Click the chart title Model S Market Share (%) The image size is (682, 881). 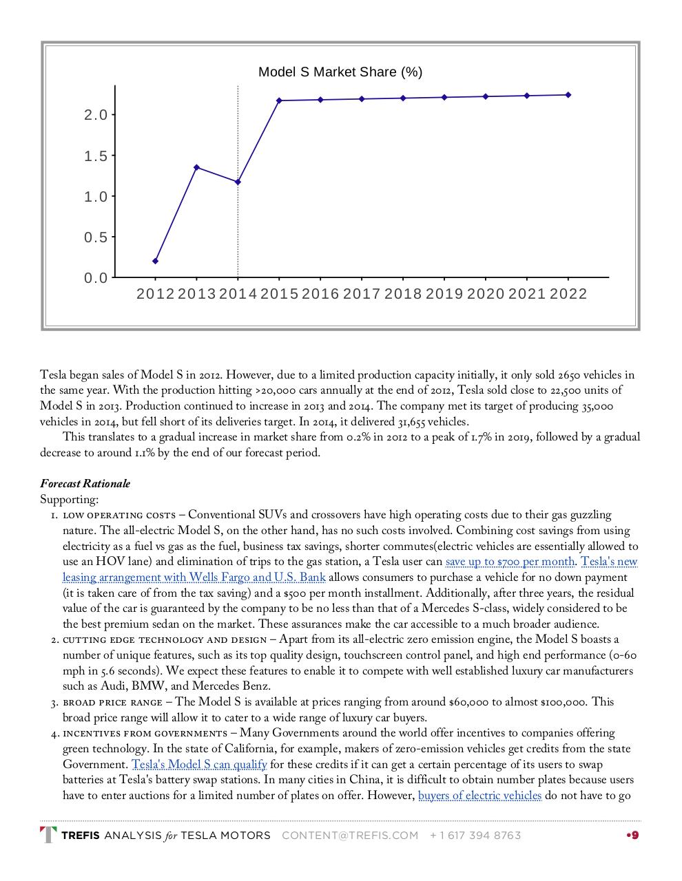click(340, 72)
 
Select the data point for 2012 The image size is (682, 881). click(156, 261)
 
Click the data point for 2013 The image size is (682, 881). click(197, 167)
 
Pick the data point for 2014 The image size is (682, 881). click(238, 182)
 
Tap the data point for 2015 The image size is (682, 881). click(279, 100)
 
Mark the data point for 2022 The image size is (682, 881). click(568, 95)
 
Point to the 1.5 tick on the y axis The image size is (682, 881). click(96, 156)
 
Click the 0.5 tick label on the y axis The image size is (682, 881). click(96, 237)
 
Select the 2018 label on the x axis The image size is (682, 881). click(403, 295)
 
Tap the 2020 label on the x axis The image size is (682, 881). click(486, 295)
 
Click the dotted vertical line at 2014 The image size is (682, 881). click(238, 227)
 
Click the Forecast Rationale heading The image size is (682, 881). click(85, 484)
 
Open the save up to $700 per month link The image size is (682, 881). click(510, 562)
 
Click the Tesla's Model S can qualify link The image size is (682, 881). click(199, 765)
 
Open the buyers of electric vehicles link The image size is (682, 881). click(479, 796)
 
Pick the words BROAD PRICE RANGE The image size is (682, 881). click(112, 703)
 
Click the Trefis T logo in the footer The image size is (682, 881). click(48, 835)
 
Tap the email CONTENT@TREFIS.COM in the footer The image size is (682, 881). click(350, 836)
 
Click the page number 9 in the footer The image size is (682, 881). click(634, 836)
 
